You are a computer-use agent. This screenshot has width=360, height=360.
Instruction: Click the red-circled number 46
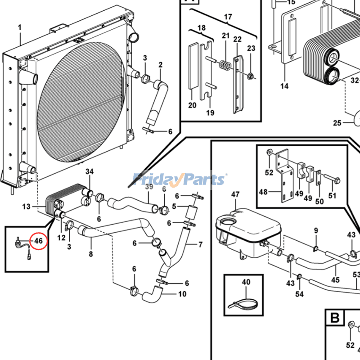pyautogui.click(x=39, y=241)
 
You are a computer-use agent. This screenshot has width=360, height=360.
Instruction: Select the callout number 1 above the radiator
pyautogui.click(x=19, y=28)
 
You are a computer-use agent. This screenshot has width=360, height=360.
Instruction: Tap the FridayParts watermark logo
pyautogui.click(x=180, y=179)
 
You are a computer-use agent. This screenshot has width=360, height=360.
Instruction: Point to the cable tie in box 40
pyautogui.click(x=245, y=301)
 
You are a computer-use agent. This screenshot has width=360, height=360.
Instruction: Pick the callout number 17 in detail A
pyautogui.click(x=228, y=17)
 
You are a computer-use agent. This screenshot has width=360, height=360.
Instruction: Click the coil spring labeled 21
pyautogui.click(x=223, y=66)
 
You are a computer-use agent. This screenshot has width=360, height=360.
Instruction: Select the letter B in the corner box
pyautogui.click(x=334, y=318)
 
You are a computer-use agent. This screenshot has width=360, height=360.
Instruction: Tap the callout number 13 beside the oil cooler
pyautogui.click(x=26, y=207)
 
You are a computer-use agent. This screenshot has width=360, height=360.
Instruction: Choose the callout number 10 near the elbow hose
pyautogui.click(x=182, y=295)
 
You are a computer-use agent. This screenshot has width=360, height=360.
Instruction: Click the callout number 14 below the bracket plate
pyautogui.click(x=284, y=85)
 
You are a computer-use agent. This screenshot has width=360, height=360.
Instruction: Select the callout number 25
pyautogui.click(x=337, y=122)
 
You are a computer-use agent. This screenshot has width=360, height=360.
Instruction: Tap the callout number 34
pyautogui.click(x=90, y=171)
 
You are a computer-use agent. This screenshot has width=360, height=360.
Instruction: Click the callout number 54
pyautogui.click(x=299, y=294)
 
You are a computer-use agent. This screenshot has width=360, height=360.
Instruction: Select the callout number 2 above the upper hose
pyautogui.click(x=160, y=65)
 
